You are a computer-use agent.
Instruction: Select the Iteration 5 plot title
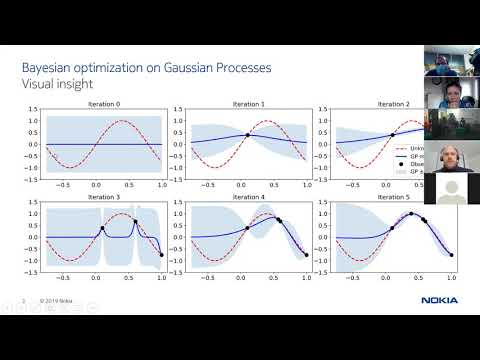click(x=388, y=197)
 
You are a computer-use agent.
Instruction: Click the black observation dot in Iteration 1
click(x=248, y=135)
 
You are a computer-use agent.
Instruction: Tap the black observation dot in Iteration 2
click(x=393, y=135)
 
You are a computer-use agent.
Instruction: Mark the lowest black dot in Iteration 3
click(x=162, y=255)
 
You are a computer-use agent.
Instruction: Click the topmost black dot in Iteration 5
click(x=409, y=213)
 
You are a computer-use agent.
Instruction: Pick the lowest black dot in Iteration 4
click(x=307, y=255)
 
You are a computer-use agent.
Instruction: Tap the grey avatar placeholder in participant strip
click(x=451, y=188)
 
